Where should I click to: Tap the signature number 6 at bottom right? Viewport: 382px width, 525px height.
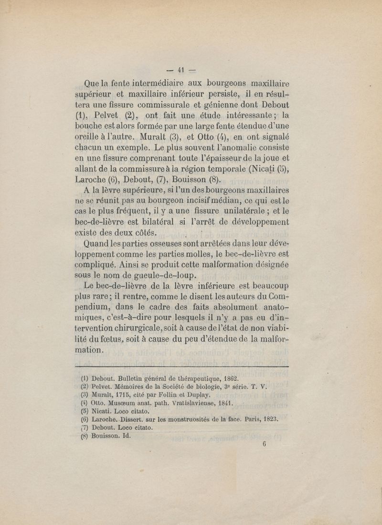pos(263,443)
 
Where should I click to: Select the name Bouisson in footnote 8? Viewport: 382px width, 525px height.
pos(107,436)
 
